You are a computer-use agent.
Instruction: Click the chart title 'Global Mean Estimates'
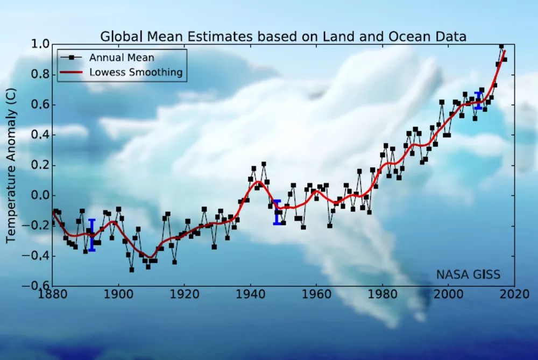pos(283,36)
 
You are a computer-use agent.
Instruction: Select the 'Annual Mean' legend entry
pos(122,58)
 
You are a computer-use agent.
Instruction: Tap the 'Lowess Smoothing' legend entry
pos(136,72)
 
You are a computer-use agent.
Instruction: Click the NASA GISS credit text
pos(468,275)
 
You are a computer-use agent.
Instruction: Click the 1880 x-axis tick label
pos(53,295)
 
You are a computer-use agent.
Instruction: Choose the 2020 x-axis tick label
pos(514,295)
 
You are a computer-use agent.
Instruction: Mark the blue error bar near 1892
pos(92,235)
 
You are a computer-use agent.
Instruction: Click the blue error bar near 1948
pos(277,212)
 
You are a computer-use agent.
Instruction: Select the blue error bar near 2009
pos(478,101)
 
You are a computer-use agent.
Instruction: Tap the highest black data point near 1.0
pos(501,46)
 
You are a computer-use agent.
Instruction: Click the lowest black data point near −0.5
pos(131,270)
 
